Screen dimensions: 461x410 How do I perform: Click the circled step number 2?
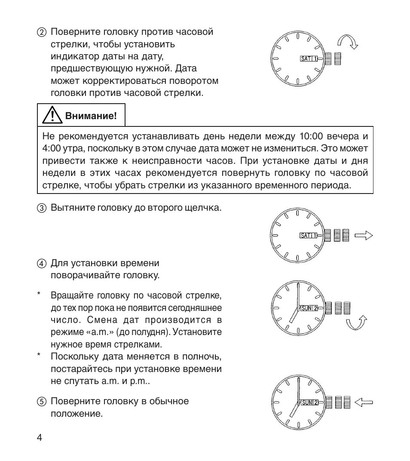41,33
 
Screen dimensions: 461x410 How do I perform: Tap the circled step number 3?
41,209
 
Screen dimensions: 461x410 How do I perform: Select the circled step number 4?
41,264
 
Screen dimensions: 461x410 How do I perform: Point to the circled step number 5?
41,402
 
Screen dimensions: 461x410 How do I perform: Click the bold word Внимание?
91,116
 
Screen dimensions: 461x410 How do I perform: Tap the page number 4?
39,438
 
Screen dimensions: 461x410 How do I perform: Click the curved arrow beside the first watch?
347,42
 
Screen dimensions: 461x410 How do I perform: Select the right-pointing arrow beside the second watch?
363,235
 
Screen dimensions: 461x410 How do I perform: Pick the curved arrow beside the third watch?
357,323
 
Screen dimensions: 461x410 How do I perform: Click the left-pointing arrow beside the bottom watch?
364,403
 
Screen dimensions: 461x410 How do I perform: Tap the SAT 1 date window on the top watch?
309,59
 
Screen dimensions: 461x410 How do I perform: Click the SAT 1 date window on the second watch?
309,236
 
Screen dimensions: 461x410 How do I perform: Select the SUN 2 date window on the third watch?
309,308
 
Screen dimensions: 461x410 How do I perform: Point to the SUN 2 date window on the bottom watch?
309,403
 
